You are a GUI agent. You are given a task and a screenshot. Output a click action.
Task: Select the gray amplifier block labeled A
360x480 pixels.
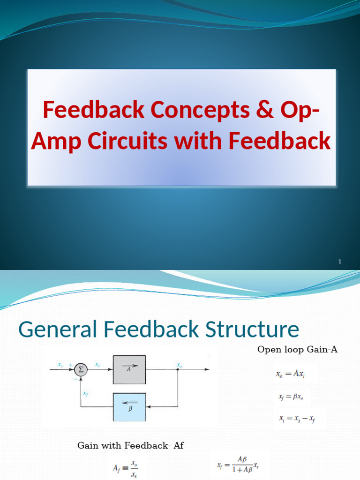click(129, 369)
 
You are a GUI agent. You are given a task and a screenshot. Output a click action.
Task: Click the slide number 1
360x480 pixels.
click(339, 261)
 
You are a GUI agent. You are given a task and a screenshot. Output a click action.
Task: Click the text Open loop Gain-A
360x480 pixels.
click(297, 350)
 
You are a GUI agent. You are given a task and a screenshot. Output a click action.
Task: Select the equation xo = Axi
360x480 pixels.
click(290, 374)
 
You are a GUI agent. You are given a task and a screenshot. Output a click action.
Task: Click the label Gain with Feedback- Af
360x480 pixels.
click(130, 446)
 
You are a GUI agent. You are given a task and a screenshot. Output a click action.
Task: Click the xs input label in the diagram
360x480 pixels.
click(60, 364)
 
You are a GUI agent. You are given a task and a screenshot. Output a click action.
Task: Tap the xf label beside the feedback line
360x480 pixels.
click(86, 394)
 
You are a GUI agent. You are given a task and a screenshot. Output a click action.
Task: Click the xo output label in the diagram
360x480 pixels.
click(179, 365)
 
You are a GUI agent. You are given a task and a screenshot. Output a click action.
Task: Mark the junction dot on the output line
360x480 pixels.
click(178, 369)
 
